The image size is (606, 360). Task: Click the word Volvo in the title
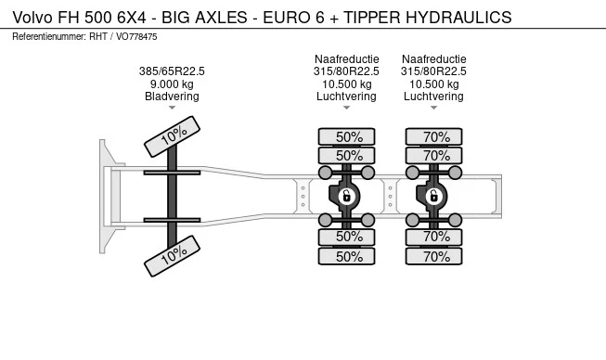(32, 18)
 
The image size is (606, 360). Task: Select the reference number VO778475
(136, 37)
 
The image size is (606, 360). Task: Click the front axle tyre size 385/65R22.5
(172, 71)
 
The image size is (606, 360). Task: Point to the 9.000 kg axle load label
(172, 84)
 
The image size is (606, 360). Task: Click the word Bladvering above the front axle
(172, 96)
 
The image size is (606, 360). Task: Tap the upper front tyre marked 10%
(172, 136)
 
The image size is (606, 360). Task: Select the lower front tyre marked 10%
(172, 256)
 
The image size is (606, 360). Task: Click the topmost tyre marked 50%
(347, 136)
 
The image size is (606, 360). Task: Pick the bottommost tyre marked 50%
(347, 256)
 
